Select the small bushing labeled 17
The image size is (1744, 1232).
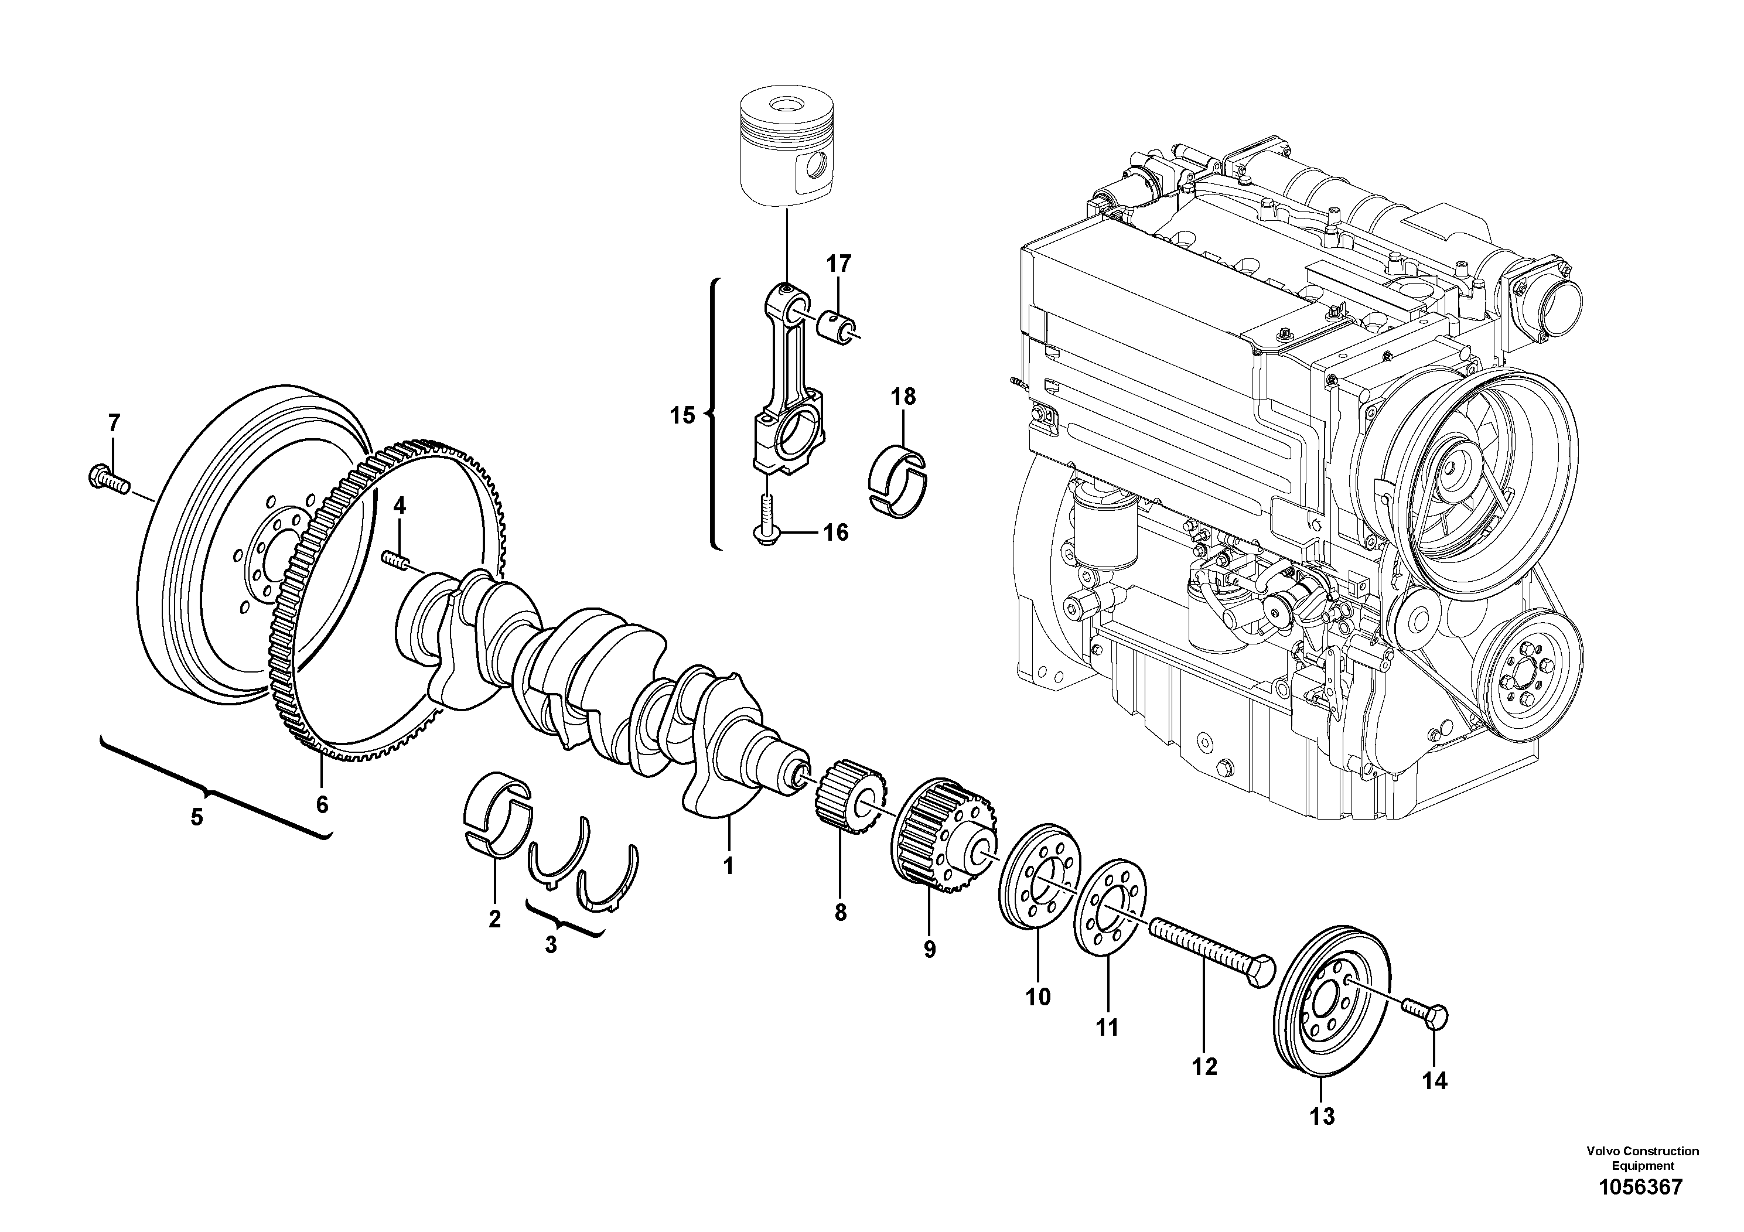tap(838, 328)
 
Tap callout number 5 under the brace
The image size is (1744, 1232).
tap(197, 817)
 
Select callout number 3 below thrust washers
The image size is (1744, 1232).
tap(551, 945)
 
